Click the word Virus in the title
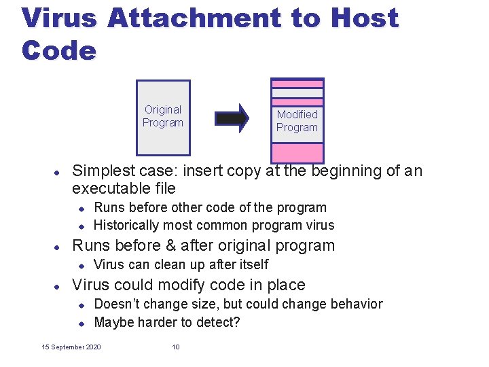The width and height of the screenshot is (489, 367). coord(60,18)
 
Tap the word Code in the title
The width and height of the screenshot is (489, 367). coord(59,50)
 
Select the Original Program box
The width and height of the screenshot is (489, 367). coord(163,116)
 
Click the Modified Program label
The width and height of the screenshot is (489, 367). coord(297,121)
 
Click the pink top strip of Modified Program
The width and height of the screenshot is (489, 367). coord(297,84)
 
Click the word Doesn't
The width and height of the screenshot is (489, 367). coord(117,304)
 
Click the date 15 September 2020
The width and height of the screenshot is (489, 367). coord(71,347)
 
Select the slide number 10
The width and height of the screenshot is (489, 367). coord(176,347)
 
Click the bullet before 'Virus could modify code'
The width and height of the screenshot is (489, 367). coord(58,285)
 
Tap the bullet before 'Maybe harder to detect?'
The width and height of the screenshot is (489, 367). coord(79,323)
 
